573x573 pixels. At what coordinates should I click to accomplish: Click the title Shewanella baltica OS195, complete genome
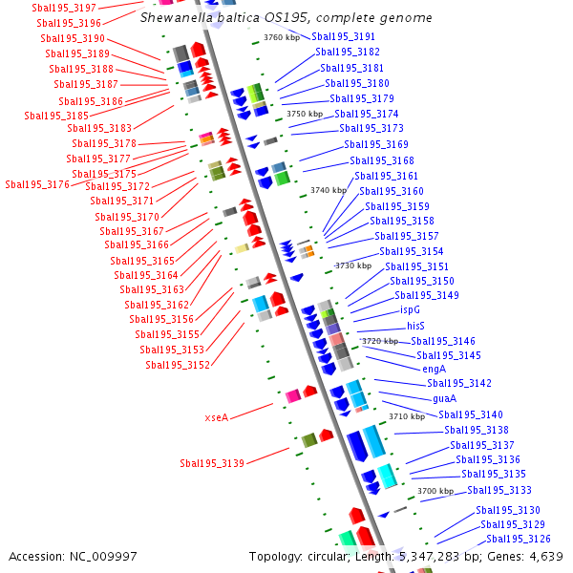(286, 18)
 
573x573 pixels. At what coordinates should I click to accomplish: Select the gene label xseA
(217, 417)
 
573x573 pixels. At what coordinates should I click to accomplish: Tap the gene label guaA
(444, 398)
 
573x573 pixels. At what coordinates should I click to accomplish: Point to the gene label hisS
(415, 326)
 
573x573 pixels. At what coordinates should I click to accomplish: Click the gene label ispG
(410, 309)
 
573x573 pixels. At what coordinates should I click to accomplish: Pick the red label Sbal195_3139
(212, 463)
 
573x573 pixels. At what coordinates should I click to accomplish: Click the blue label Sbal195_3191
(343, 36)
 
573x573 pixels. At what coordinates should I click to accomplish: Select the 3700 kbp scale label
(435, 491)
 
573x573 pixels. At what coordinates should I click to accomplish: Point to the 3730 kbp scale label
(352, 265)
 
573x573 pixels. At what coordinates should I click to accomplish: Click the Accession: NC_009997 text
(73, 556)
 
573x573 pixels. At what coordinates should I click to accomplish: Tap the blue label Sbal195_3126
(519, 540)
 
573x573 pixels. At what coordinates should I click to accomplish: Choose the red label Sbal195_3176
(37, 184)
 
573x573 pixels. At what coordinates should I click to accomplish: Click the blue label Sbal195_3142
(459, 383)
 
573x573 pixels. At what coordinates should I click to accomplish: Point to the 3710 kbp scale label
(407, 416)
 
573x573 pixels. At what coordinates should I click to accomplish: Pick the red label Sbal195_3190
(73, 38)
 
